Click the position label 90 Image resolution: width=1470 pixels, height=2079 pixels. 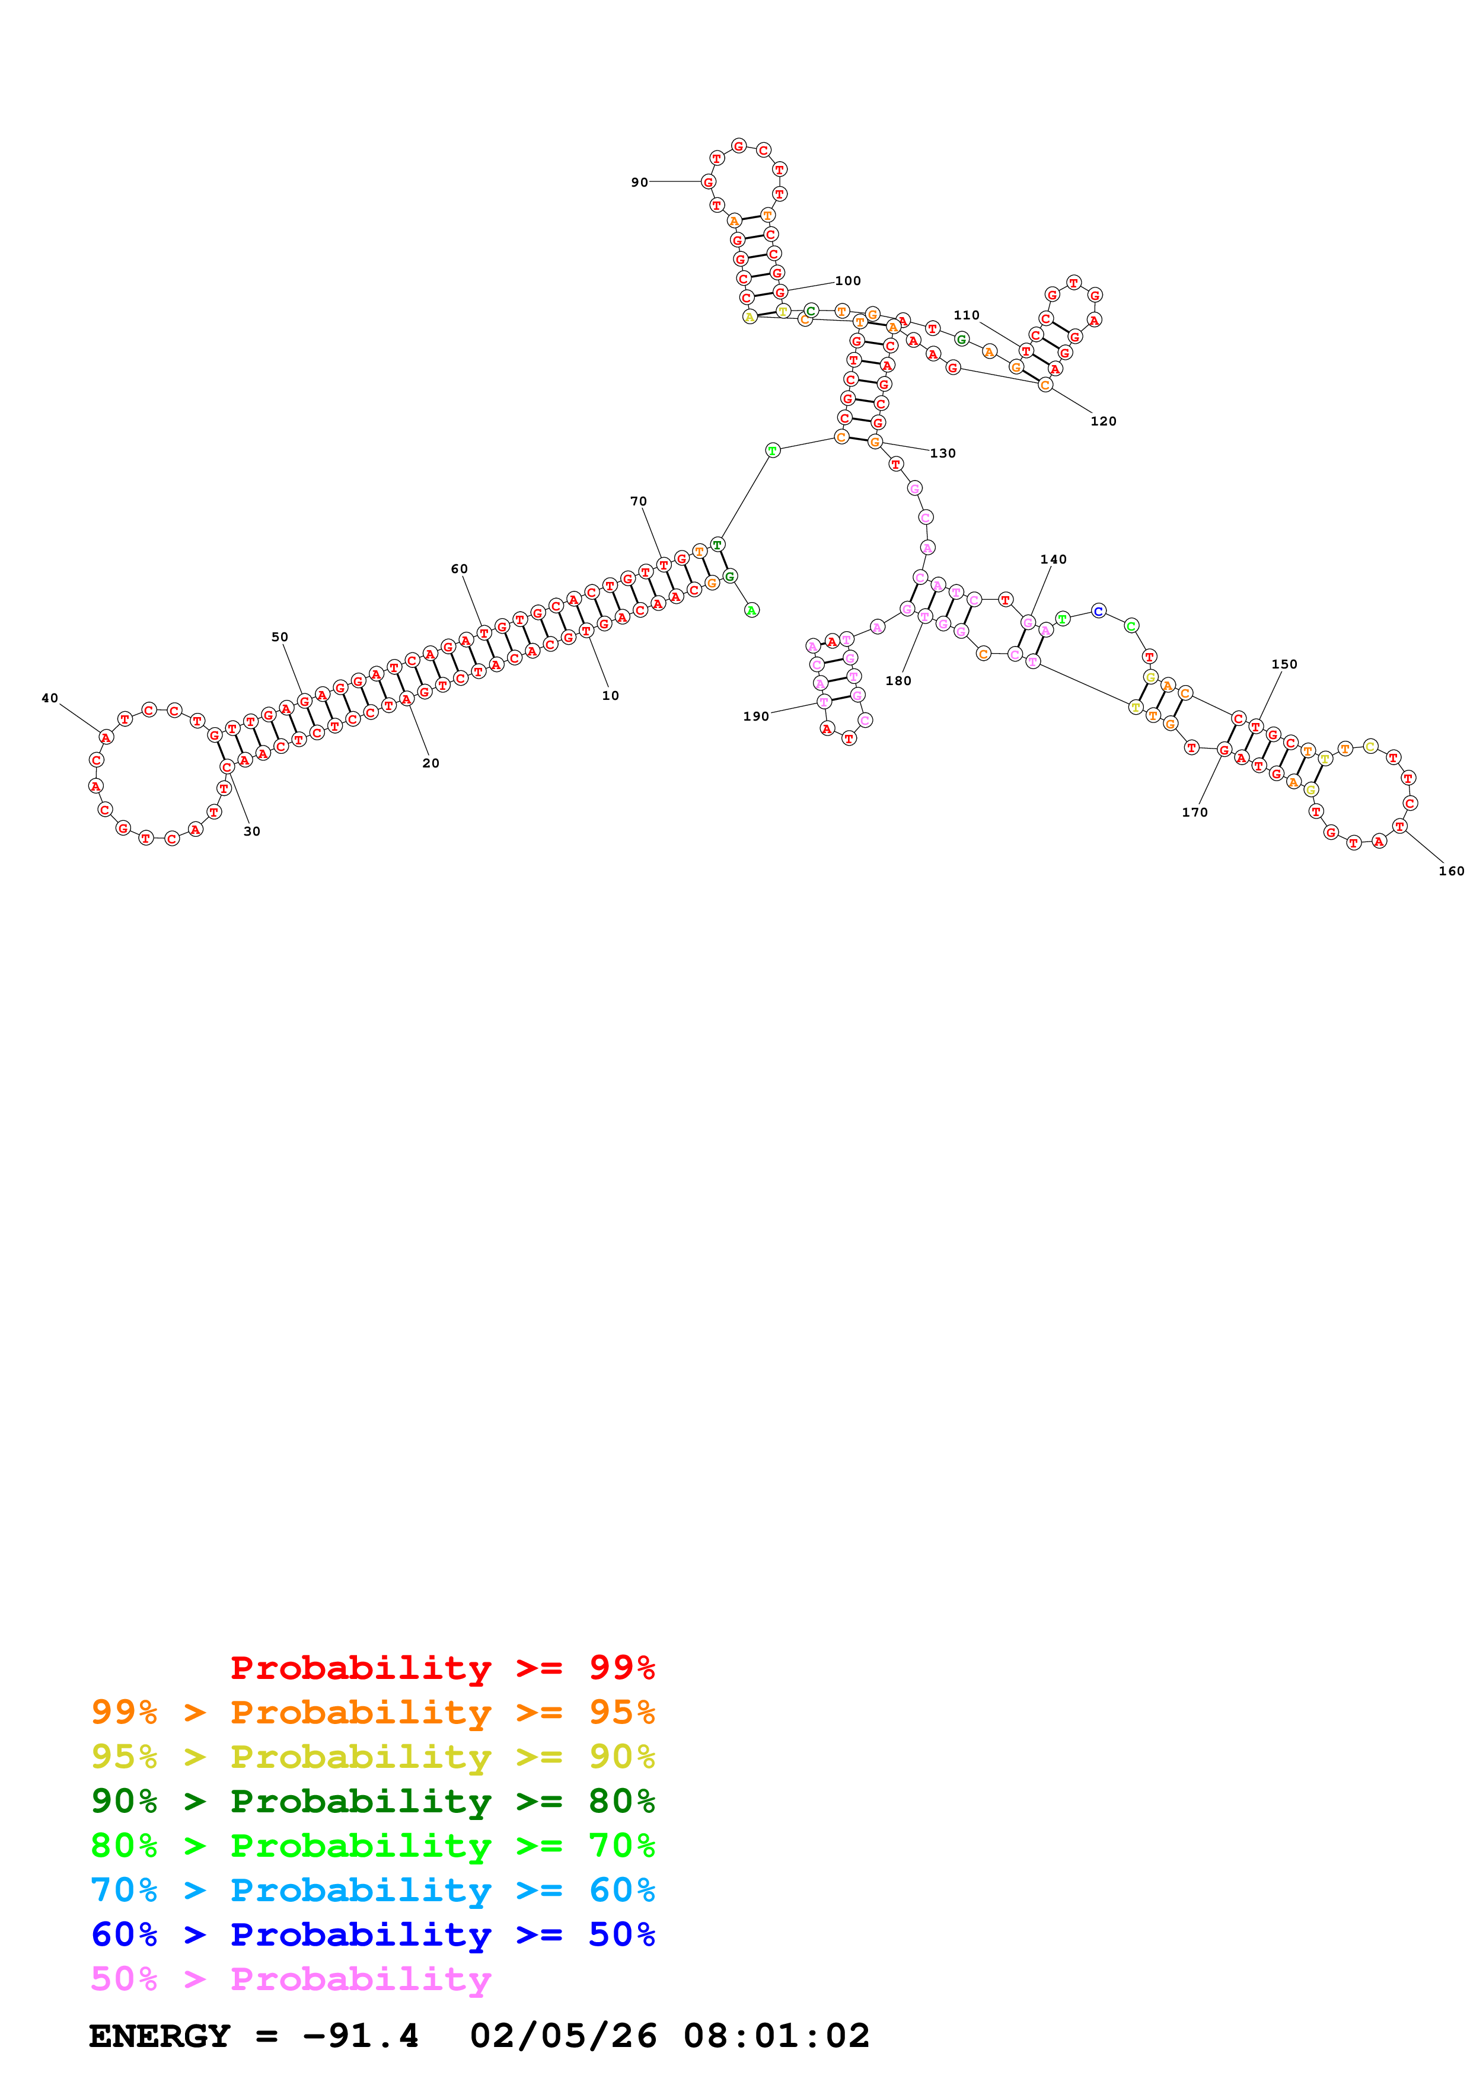[x=639, y=182]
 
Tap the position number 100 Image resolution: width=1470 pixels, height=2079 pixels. [x=848, y=281]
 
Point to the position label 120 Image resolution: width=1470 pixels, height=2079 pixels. [x=1102, y=421]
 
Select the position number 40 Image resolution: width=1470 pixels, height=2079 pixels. [x=50, y=698]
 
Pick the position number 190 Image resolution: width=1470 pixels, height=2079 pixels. [x=755, y=717]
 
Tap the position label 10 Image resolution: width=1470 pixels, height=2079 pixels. [x=610, y=695]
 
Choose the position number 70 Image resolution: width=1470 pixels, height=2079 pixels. [x=639, y=501]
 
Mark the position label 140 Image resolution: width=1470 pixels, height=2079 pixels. [x=1053, y=559]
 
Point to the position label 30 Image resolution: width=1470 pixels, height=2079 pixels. [x=252, y=831]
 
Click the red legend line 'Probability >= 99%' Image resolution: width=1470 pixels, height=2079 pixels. [x=442, y=1668]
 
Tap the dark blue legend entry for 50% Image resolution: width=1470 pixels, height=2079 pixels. [x=372, y=1934]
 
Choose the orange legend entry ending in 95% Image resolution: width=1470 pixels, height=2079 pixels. [x=372, y=1712]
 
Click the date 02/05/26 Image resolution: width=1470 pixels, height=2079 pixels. [x=563, y=2036]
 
